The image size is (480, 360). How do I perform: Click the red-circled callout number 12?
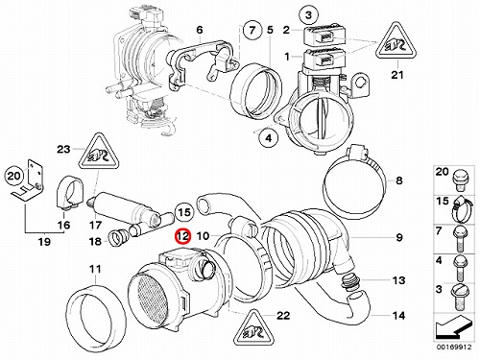(x=183, y=236)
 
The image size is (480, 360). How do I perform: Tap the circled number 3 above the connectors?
(x=308, y=14)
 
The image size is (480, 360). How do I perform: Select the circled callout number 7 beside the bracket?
(x=252, y=30)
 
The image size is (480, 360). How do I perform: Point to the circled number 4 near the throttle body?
(x=269, y=138)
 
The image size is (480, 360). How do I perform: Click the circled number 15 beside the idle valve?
(x=184, y=212)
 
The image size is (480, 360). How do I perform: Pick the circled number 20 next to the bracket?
(x=13, y=176)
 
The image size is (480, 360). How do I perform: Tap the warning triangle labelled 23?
(x=100, y=152)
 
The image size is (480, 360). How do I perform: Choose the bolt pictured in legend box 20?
(x=459, y=180)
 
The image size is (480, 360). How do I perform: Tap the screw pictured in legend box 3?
(x=459, y=297)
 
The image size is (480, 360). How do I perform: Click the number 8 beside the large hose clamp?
(x=398, y=180)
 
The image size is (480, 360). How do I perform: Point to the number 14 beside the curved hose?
(x=398, y=316)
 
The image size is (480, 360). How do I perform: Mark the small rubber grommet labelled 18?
(x=117, y=238)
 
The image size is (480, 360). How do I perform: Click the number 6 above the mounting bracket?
(x=200, y=30)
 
